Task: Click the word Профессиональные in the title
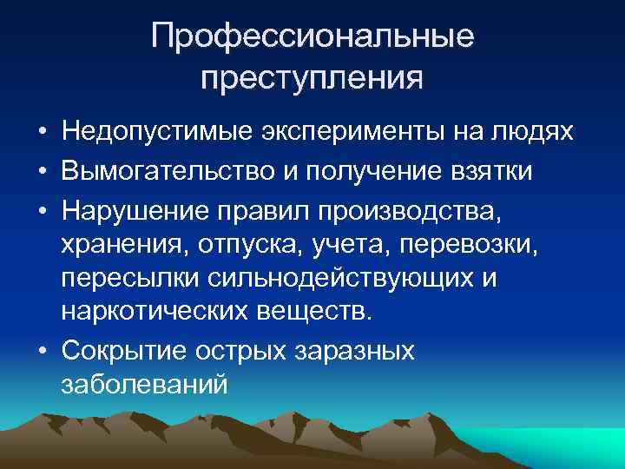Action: point(312,36)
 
